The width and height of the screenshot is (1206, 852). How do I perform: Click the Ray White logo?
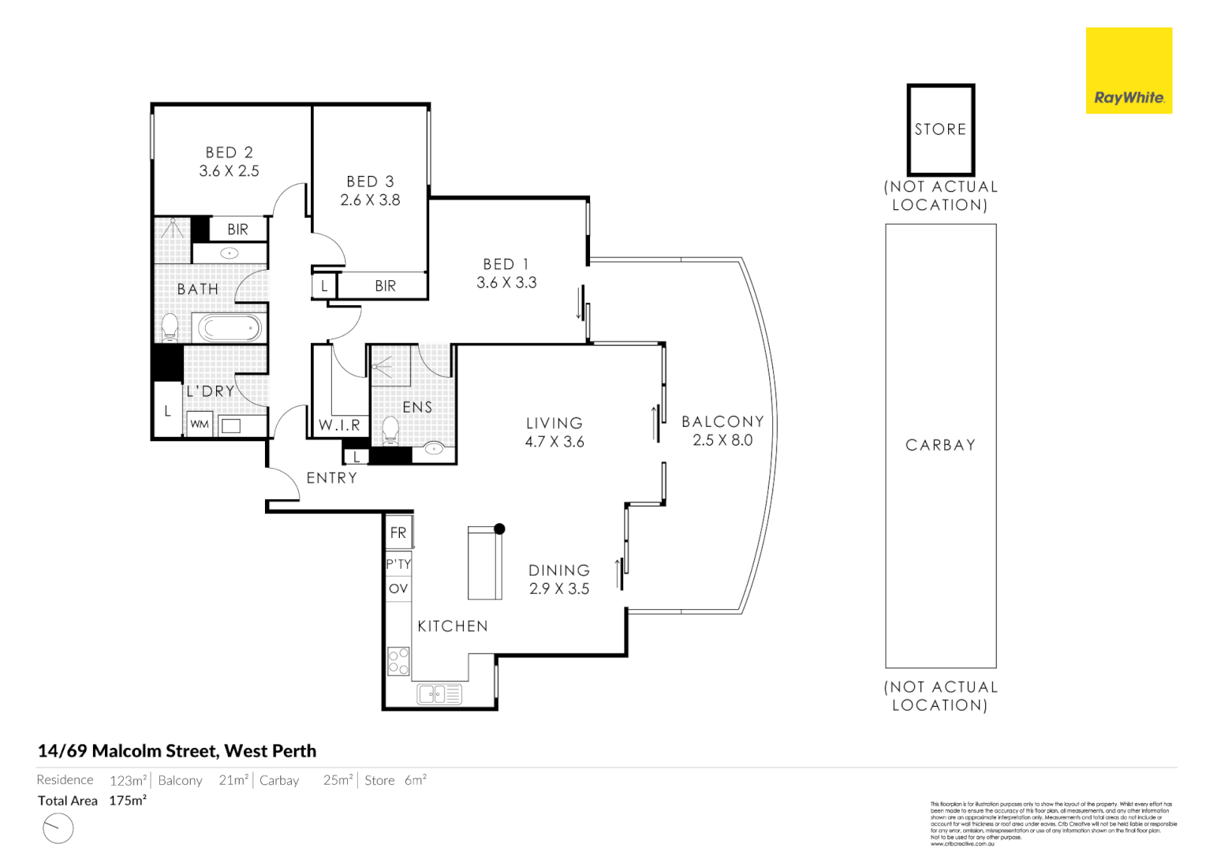[1128, 71]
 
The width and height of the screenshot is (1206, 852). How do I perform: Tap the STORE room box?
[940, 129]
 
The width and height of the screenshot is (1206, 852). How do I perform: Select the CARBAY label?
[940, 445]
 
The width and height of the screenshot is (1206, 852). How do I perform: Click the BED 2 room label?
[229, 152]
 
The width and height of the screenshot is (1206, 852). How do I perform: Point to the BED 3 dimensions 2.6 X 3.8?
[370, 200]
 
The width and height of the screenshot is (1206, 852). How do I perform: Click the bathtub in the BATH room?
[229, 327]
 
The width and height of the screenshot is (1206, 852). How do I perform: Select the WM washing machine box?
[200, 424]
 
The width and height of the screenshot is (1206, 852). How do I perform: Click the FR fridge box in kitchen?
[398, 532]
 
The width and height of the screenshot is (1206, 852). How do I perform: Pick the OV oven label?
[398, 589]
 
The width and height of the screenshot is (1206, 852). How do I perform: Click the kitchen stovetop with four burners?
[398, 661]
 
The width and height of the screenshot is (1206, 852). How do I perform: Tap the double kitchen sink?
[439, 694]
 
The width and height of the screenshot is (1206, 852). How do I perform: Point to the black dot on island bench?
[499, 529]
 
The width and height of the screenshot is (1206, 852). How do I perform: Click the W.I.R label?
[339, 425]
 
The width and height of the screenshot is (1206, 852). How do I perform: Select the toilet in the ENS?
[390, 430]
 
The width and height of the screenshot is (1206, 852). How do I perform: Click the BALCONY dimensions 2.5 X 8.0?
[722, 440]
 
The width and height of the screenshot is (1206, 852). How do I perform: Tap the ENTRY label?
[331, 478]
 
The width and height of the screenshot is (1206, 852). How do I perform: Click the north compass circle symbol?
[58, 828]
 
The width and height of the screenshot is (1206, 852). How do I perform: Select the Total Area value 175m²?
[128, 801]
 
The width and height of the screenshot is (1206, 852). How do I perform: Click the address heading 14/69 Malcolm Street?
[177, 751]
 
